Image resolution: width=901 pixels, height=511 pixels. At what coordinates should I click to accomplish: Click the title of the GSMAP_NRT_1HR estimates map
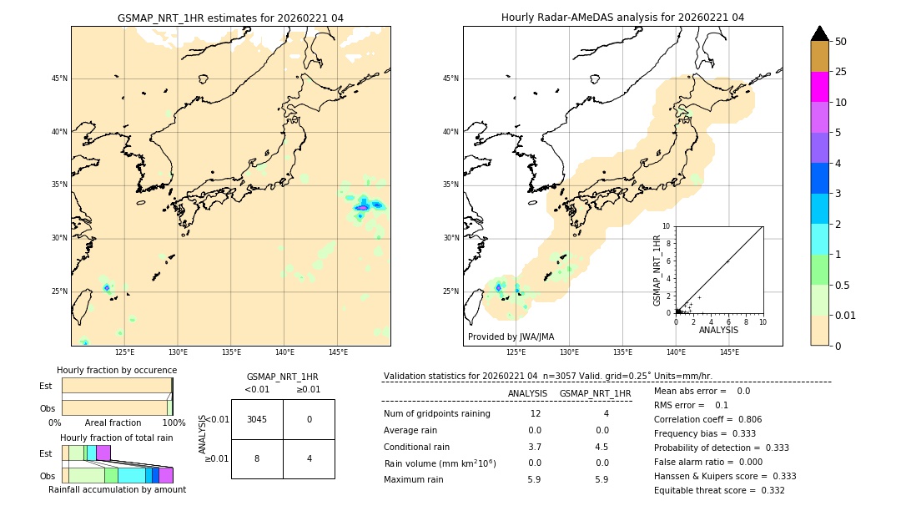(230, 18)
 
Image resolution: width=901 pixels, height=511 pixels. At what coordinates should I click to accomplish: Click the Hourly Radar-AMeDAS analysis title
(622, 18)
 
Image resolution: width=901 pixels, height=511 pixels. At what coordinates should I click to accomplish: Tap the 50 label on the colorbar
(842, 42)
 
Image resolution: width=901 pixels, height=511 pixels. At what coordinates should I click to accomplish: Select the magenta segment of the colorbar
(820, 87)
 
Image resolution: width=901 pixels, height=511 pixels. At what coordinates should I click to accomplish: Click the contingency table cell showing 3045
(257, 419)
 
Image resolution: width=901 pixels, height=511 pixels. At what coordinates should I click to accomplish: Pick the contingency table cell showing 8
(257, 458)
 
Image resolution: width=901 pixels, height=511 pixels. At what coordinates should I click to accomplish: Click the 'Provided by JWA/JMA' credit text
(511, 337)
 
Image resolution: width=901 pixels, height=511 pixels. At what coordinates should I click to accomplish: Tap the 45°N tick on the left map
(59, 78)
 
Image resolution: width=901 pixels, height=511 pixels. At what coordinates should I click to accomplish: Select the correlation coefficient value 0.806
(744, 419)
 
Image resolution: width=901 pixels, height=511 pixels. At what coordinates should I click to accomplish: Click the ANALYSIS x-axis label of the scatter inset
(718, 330)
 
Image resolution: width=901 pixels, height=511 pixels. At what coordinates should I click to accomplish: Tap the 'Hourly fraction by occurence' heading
(117, 370)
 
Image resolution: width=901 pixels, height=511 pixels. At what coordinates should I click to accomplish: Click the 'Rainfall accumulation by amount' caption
(117, 490)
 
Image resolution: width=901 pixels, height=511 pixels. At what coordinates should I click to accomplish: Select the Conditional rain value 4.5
(602, 447)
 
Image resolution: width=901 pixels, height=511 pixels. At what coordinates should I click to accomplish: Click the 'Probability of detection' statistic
(719, 448)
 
